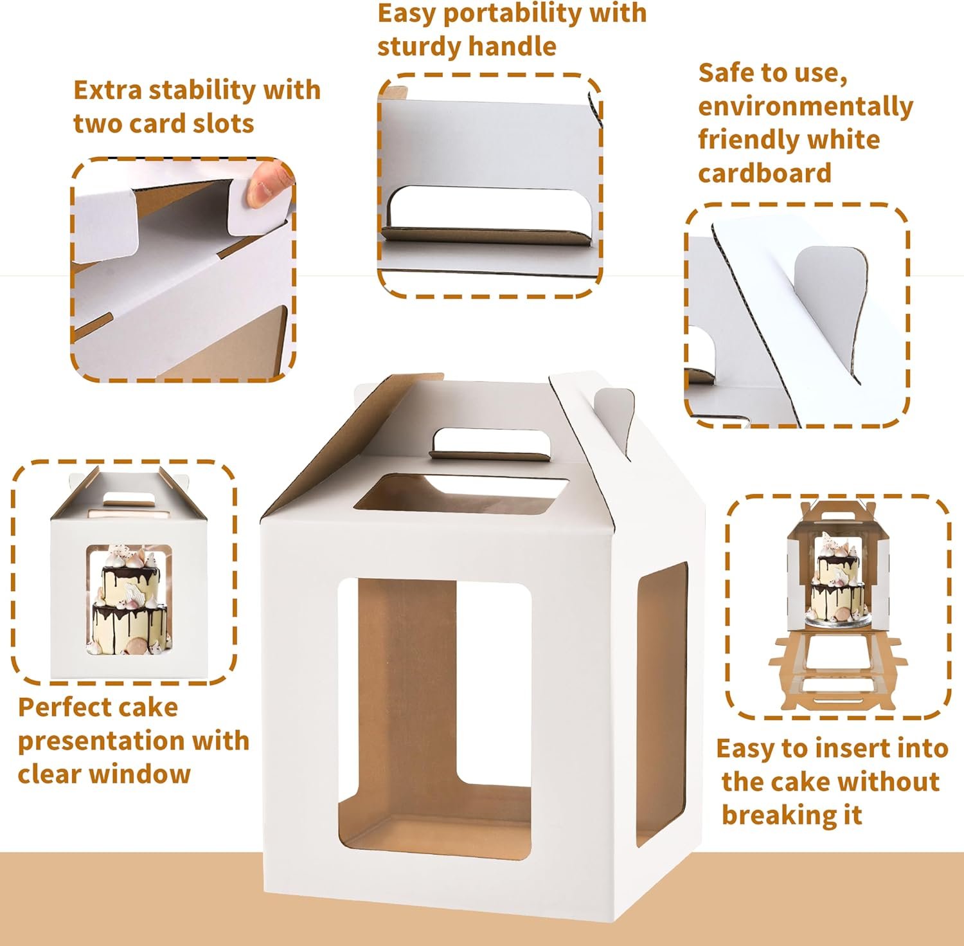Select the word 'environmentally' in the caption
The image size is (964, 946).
pyautogui.click(x=805, y=107)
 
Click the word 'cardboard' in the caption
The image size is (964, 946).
pyautogui.click(x=764, y=174)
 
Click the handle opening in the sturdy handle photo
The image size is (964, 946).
pyautogui.click(x=490, y=209)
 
